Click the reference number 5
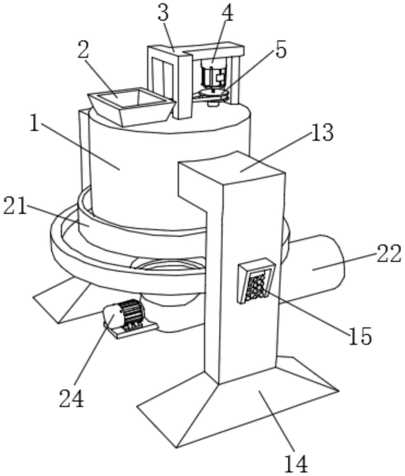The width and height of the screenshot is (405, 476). point(281,49)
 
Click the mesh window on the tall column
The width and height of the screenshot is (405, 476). point(256,281)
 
